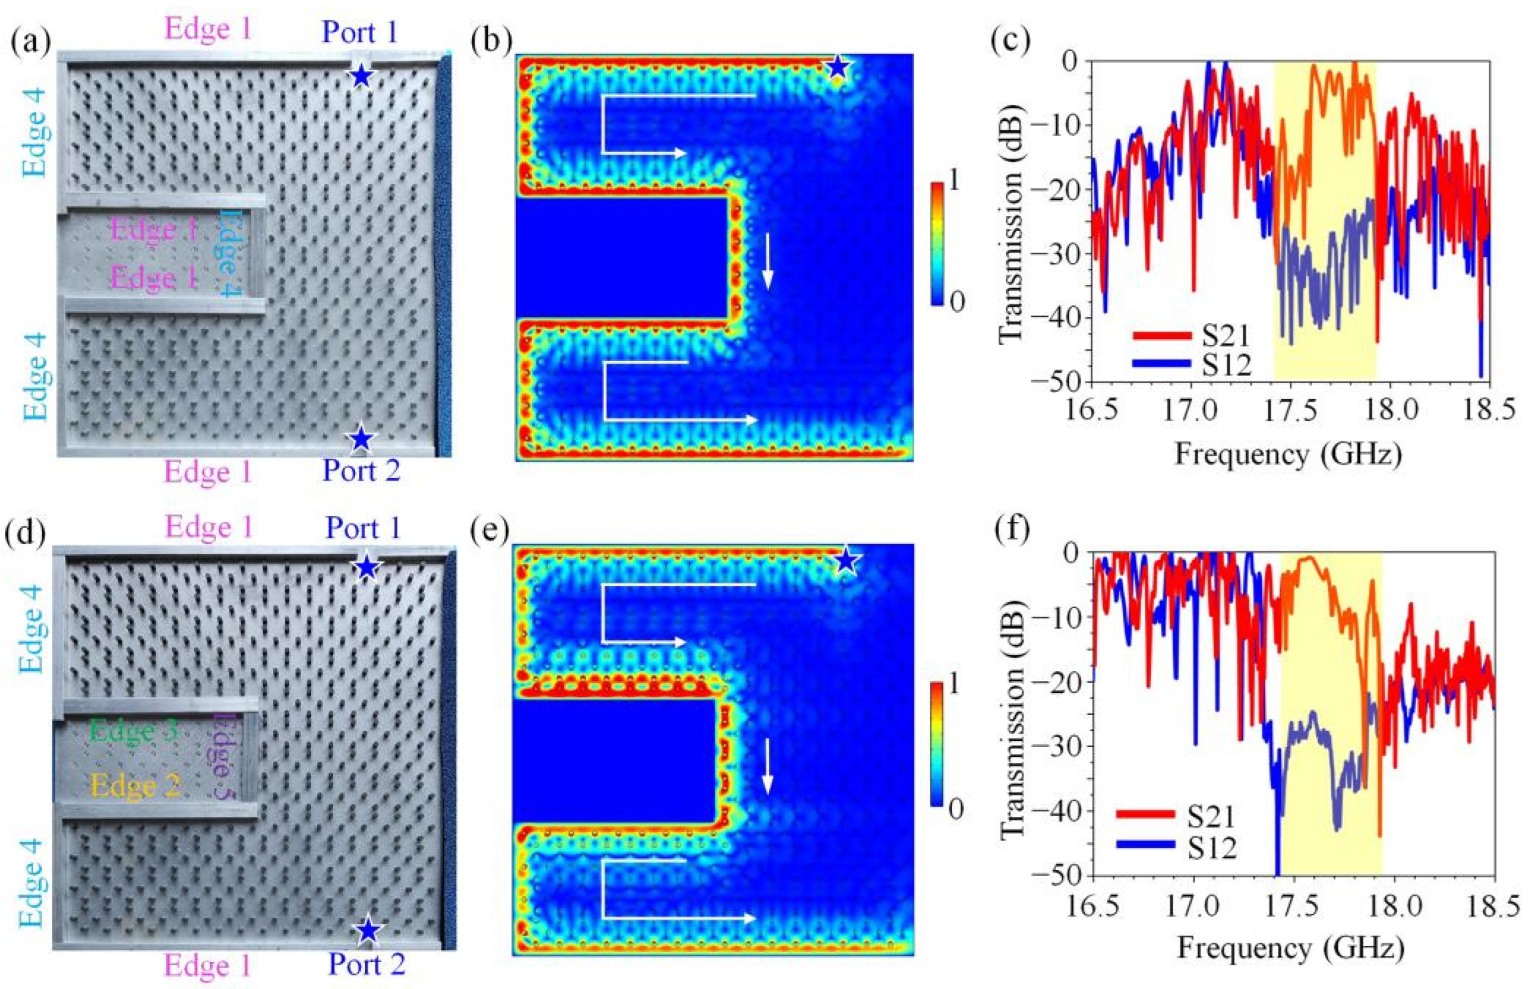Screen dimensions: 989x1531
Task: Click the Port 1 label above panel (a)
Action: click(x=361, y=32)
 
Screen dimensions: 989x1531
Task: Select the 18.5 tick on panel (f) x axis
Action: click(x=1493, y=908)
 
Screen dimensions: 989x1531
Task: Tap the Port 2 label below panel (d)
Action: click(x=367, y=964)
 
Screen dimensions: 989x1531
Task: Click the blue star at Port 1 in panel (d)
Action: click(x=367, y=567)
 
